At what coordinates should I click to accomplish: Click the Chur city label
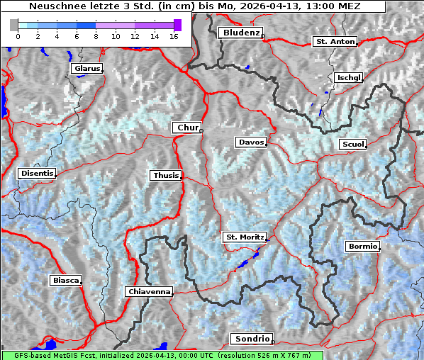(187, 128)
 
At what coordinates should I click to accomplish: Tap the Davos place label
(251, 142)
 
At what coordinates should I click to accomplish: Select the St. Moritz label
(244, 237)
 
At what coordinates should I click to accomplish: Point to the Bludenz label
(240, 33)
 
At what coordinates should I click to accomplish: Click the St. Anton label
(335, 42)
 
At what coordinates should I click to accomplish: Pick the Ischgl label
(349, 77)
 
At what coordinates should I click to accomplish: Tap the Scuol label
(352, 145)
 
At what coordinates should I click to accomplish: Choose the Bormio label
(362, 247)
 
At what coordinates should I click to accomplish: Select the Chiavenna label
(149, 291)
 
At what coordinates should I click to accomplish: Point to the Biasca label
(65, 281)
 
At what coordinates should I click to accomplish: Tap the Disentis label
(37, 173)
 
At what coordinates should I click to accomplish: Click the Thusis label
(165, 175)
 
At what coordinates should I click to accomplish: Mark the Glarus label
(86, 69)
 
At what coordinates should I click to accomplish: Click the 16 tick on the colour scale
(174, 36)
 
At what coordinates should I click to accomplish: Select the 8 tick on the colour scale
(96, 36)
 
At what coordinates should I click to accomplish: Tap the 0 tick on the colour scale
(18, 36)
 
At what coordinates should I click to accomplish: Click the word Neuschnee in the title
(55, 6)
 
